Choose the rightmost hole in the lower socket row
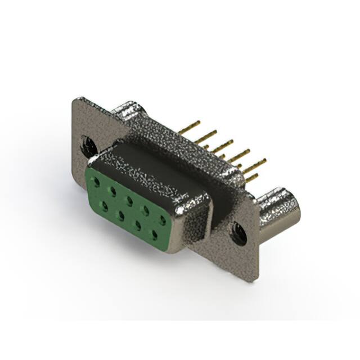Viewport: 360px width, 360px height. pos(152,231)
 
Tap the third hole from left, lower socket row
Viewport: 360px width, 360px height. pos(137,222)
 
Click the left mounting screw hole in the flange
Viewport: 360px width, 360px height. pos(88,146)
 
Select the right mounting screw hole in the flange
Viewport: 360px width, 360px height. pos(238,232)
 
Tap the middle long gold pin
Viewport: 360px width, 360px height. pos(223,143)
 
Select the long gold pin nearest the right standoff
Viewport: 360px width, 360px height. pos(256,164)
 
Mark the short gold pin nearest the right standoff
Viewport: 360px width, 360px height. pos(251,179)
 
